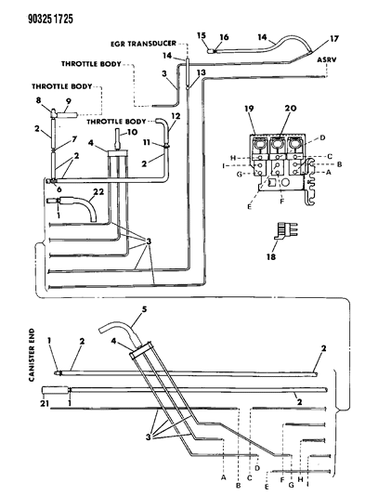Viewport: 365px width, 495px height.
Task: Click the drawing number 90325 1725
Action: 50,19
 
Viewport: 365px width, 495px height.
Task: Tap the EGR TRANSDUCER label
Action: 143,44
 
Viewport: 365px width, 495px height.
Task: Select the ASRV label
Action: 327,59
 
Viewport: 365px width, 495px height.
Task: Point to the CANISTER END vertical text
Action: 32,355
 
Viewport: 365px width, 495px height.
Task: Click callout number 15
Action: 202,35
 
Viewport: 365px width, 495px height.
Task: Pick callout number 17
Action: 334,39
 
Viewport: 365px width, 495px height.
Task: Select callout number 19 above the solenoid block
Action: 249,109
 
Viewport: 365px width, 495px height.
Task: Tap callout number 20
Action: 291,109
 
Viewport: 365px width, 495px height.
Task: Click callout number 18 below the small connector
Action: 271,256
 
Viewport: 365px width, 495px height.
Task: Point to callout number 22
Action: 98,192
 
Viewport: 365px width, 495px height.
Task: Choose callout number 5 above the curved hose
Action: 144,309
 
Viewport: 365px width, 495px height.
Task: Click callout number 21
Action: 45,403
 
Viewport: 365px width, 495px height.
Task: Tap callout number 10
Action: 133,132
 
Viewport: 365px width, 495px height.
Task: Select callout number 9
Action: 68,101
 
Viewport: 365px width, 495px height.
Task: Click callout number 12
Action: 176,116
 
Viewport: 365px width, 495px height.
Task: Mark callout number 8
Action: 38,100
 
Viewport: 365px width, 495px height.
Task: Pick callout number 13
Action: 202,72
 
